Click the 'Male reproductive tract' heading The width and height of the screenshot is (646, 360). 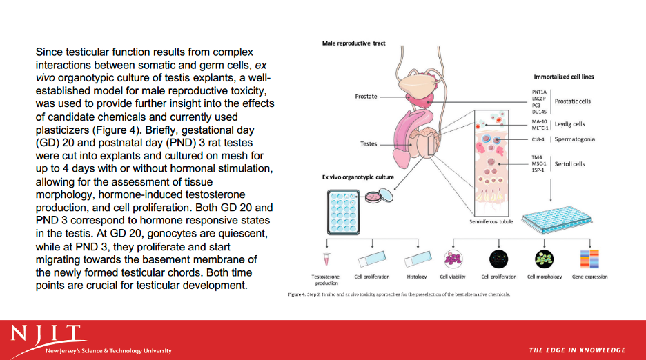click(x=353, y=43)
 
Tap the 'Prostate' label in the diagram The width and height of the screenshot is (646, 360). click(x=366, y=97)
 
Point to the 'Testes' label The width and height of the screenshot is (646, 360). click(x=369, y=144)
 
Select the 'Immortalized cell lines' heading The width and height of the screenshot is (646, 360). click(x=564, y=77)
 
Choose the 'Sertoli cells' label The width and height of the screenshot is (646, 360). click(x=569, y=164)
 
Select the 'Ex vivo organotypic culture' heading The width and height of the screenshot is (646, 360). click(x=358, y=177)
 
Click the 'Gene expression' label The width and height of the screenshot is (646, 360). click(x=591, y=277)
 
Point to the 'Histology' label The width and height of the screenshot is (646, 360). click(x=417, y=277)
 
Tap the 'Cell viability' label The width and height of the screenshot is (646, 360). click(x=453, y=277)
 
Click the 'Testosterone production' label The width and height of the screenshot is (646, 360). click(x=326, y=279)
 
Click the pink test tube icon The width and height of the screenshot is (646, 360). click(x=326, y=259)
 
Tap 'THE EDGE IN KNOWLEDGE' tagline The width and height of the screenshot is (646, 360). click(x=577, y=350)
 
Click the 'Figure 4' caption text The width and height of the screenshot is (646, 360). click(x=400, y=294)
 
